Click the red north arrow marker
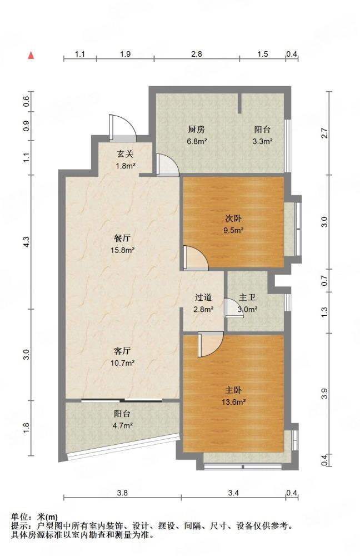[31, 55]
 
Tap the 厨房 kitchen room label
[196, 130]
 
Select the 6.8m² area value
[197, 141]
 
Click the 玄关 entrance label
[126, 154]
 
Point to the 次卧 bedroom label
[233, 219]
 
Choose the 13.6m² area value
[233, 402]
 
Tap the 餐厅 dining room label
[122, 239]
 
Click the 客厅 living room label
[122, 351]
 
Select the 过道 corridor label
[203, 297]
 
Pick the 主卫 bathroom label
[247, 297]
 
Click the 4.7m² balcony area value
[122, 425]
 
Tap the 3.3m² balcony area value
[262, 141]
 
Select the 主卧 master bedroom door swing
[211, 344]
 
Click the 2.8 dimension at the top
[197, 54]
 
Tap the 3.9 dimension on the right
[324, 394]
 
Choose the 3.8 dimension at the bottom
[123, 493]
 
